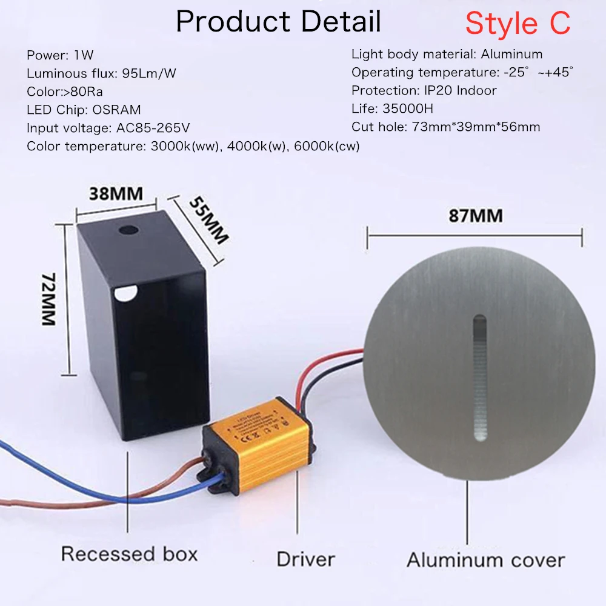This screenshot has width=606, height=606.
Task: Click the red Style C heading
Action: (x=518, y=23)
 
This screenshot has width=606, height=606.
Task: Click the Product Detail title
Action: (x=278, y=22)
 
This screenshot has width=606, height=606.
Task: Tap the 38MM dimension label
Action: (x=116, y=194)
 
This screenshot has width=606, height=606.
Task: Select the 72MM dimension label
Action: (x=48, y=299)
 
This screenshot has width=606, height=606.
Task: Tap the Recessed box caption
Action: (x=129, y=554)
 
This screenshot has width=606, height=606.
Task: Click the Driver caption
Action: (x=305, y=558)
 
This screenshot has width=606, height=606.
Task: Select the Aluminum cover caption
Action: (x=485, y=559)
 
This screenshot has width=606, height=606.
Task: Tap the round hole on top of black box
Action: (x=128, y=231)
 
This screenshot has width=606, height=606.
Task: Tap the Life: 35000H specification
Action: (x=401, y=109)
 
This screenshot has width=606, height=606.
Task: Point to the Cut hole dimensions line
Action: (x=445, y=127)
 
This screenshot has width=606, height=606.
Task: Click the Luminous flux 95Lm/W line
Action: (x=101, y=74)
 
